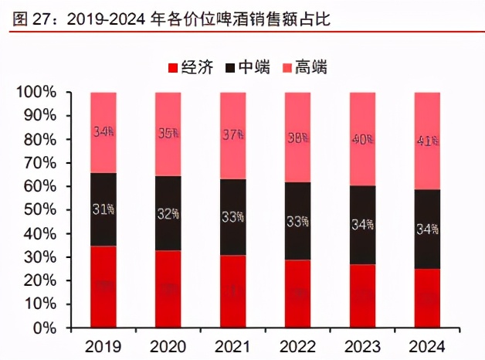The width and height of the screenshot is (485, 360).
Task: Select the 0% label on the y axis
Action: tap(44, 328)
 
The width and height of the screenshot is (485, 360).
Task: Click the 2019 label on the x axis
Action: tap(103, 345)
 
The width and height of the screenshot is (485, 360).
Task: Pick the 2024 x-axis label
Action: tap(427, 345)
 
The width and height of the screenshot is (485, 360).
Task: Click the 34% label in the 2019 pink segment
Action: tap(103, 131)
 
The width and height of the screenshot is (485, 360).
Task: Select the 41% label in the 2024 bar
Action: tap(427, 141)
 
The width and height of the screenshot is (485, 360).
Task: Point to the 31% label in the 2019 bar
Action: tap(103, 209)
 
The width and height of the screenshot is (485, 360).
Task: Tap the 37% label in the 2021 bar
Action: tap(233, 135)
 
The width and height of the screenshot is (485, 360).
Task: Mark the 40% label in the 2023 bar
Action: tap(362, 140)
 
